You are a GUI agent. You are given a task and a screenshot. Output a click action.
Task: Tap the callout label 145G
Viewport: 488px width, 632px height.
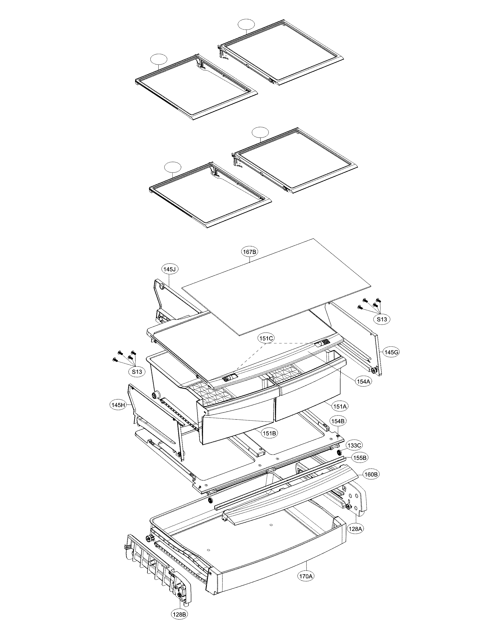click(x=392, y=352)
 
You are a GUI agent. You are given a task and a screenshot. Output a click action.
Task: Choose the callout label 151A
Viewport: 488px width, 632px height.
click(x=340, y=406)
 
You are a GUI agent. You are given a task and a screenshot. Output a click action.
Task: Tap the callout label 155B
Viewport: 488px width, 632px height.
click(x=360, y=458)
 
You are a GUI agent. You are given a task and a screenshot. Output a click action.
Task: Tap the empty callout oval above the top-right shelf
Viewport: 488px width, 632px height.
click(x=246, y=25)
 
